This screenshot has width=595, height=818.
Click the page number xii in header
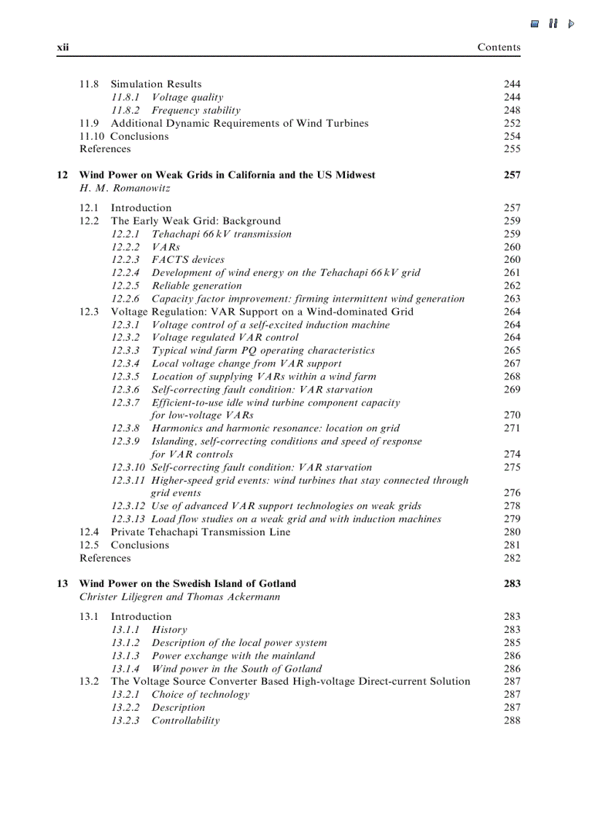click(63, 47)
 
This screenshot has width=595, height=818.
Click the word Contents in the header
click(499, 47)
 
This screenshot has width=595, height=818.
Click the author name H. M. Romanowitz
click(125, 188)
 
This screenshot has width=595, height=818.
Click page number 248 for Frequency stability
click(512, 110)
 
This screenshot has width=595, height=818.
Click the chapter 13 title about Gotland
click(187, 583)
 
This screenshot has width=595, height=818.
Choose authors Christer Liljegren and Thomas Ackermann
click(179, 597)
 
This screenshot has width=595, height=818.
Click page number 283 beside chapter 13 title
click(512, 583)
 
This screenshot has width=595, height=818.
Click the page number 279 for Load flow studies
click(512, 519)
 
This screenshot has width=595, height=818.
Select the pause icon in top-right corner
click(553, 23)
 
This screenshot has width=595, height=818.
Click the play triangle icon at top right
click(572, 23)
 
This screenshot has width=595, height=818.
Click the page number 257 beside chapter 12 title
click(512, 175)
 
